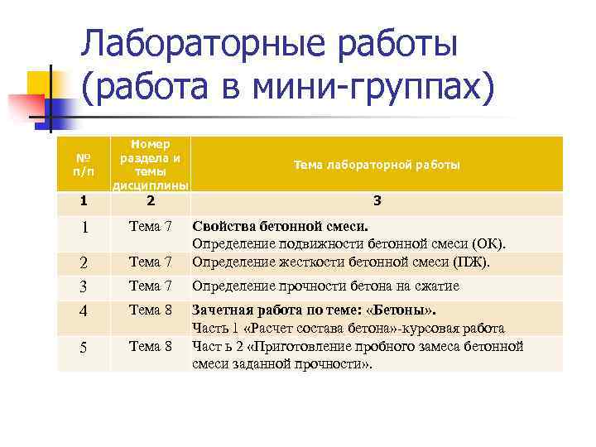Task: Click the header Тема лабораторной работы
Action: point(377,165)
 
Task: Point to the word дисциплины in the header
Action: point(150,184)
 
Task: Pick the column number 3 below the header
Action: point(377,200)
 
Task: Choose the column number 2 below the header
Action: point(150,200)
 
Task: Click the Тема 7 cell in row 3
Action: point(150,286)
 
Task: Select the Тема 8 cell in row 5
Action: point(150,346)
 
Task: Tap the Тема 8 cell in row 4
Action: point(150,311)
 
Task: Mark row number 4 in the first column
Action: point(82,313)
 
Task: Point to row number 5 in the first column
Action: point(82,348)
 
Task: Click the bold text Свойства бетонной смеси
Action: point(280,226)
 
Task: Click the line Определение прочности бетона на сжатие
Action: point(325,286)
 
